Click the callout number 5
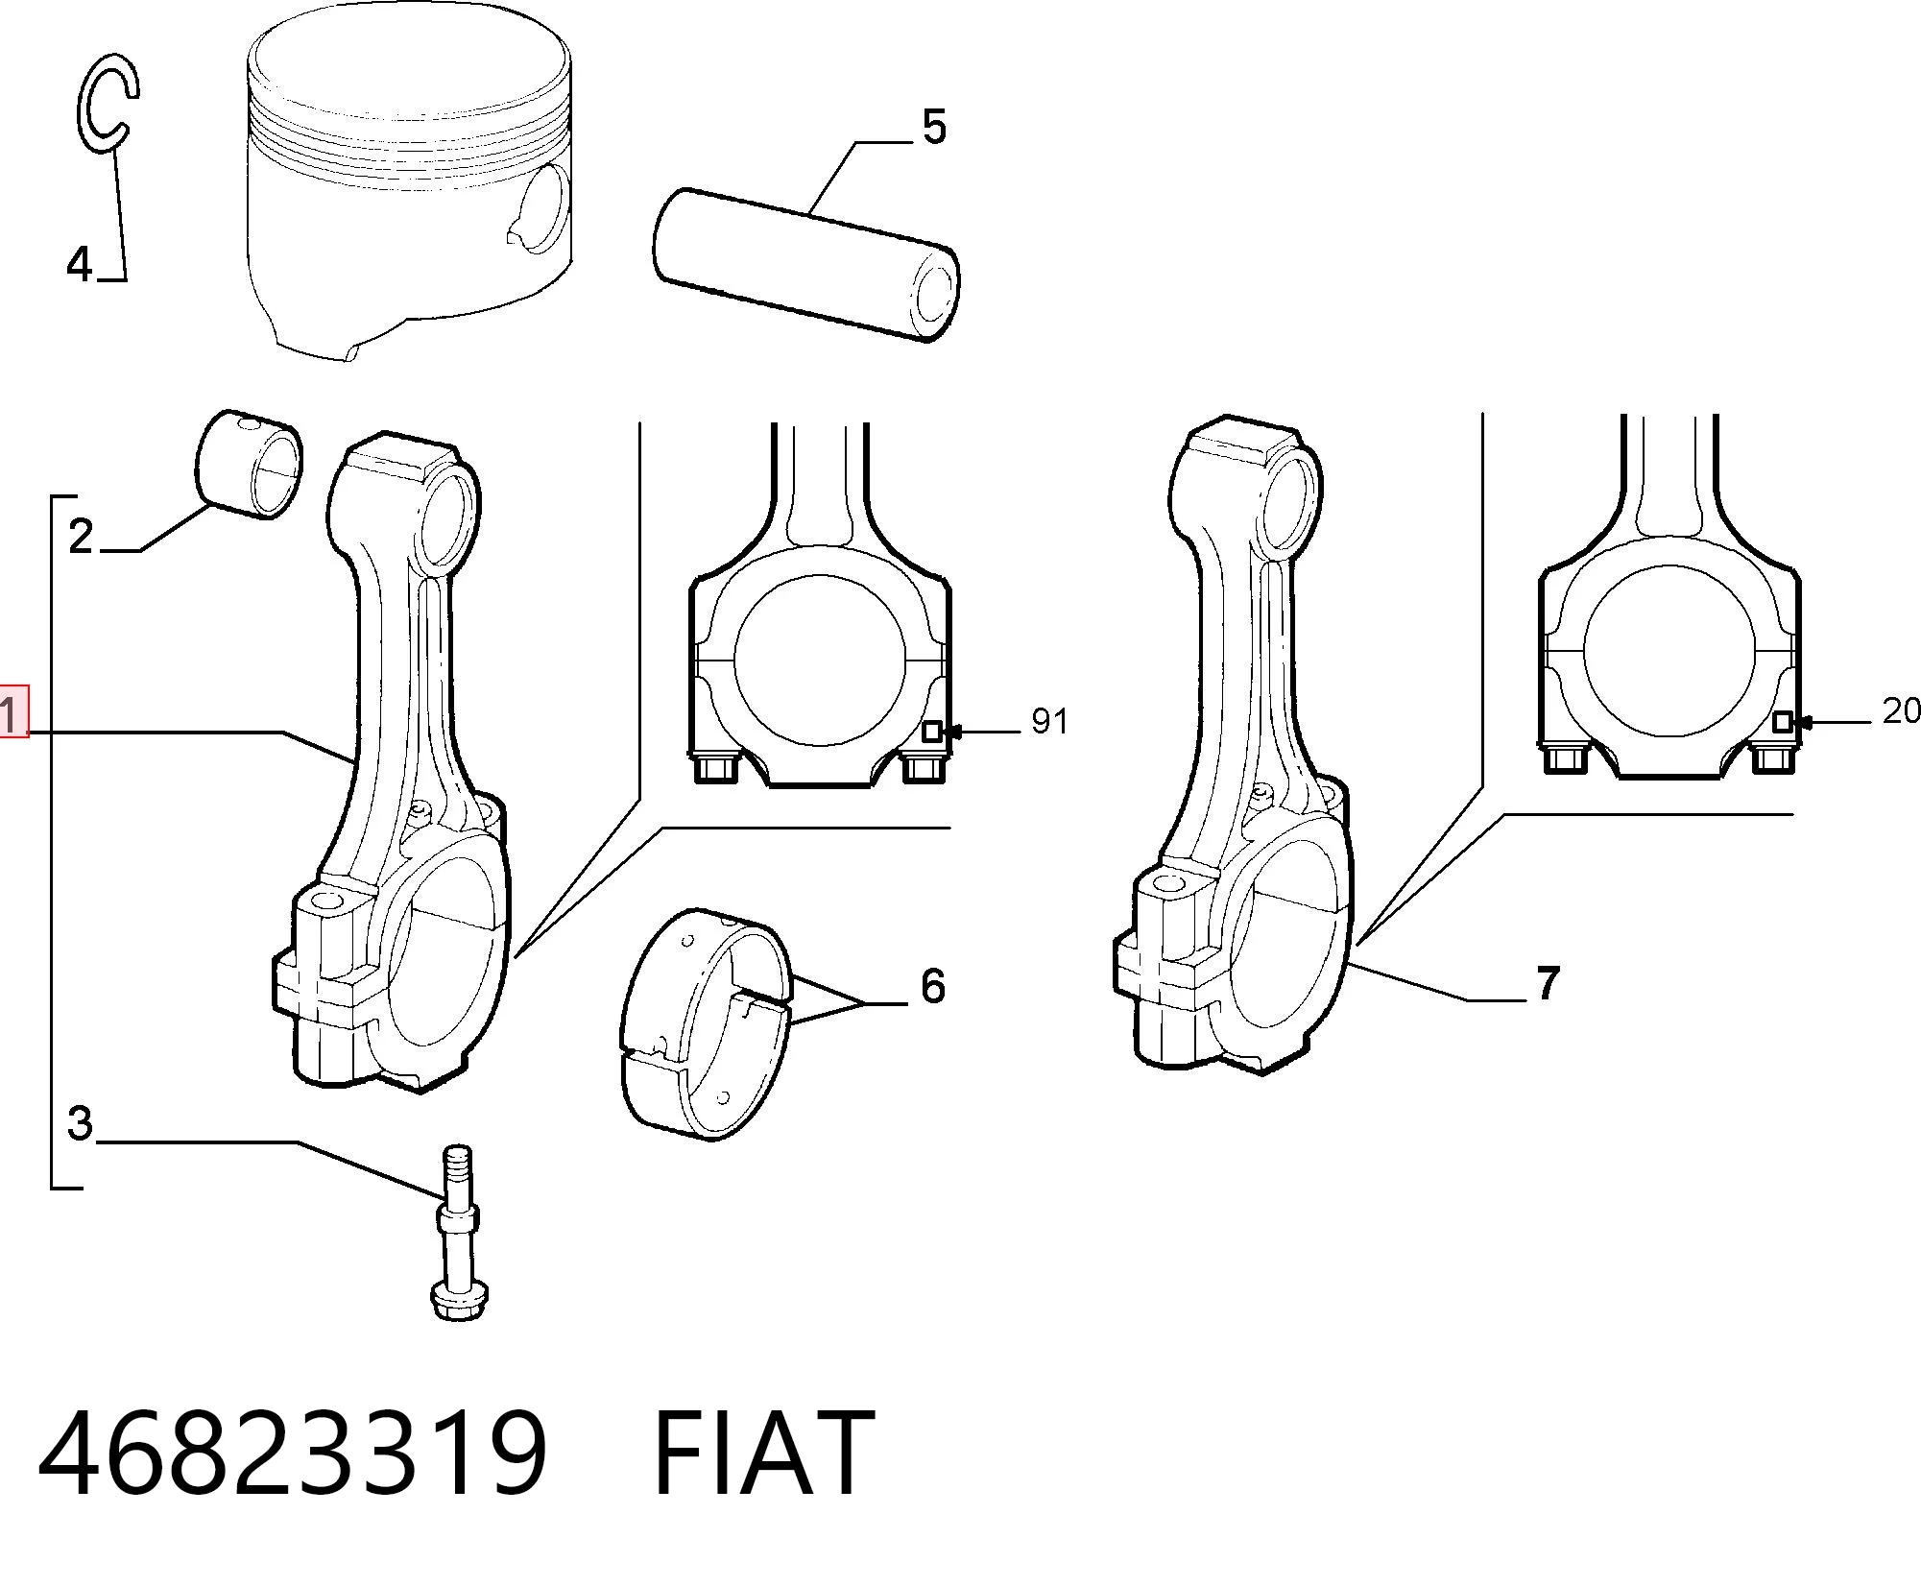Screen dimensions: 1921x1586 [x=933, y=127]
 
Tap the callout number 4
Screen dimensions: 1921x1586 [x=79, y=263]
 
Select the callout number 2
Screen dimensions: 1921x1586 [x=82, y=536]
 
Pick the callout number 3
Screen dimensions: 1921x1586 [x=81, y=1122]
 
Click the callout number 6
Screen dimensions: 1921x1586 [x=933, y=986]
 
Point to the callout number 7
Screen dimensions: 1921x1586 [x=1548, y=983]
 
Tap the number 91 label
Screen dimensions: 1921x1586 [x=1049, y=721]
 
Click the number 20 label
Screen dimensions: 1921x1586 [x=1901, y=710]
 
